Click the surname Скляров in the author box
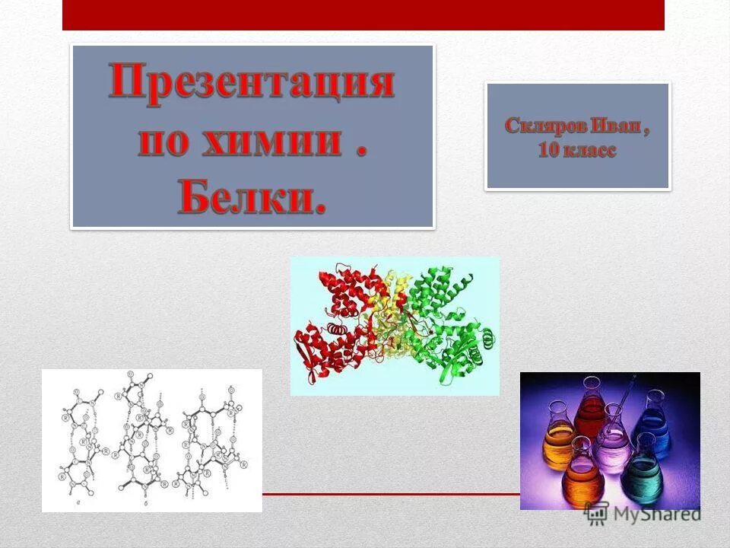click(542, 126)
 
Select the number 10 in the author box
click(548, 151)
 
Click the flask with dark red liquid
click(590, 415)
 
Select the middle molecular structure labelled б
click(141, 438)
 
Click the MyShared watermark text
click(658, 515)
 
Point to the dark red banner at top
click(363, 14)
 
